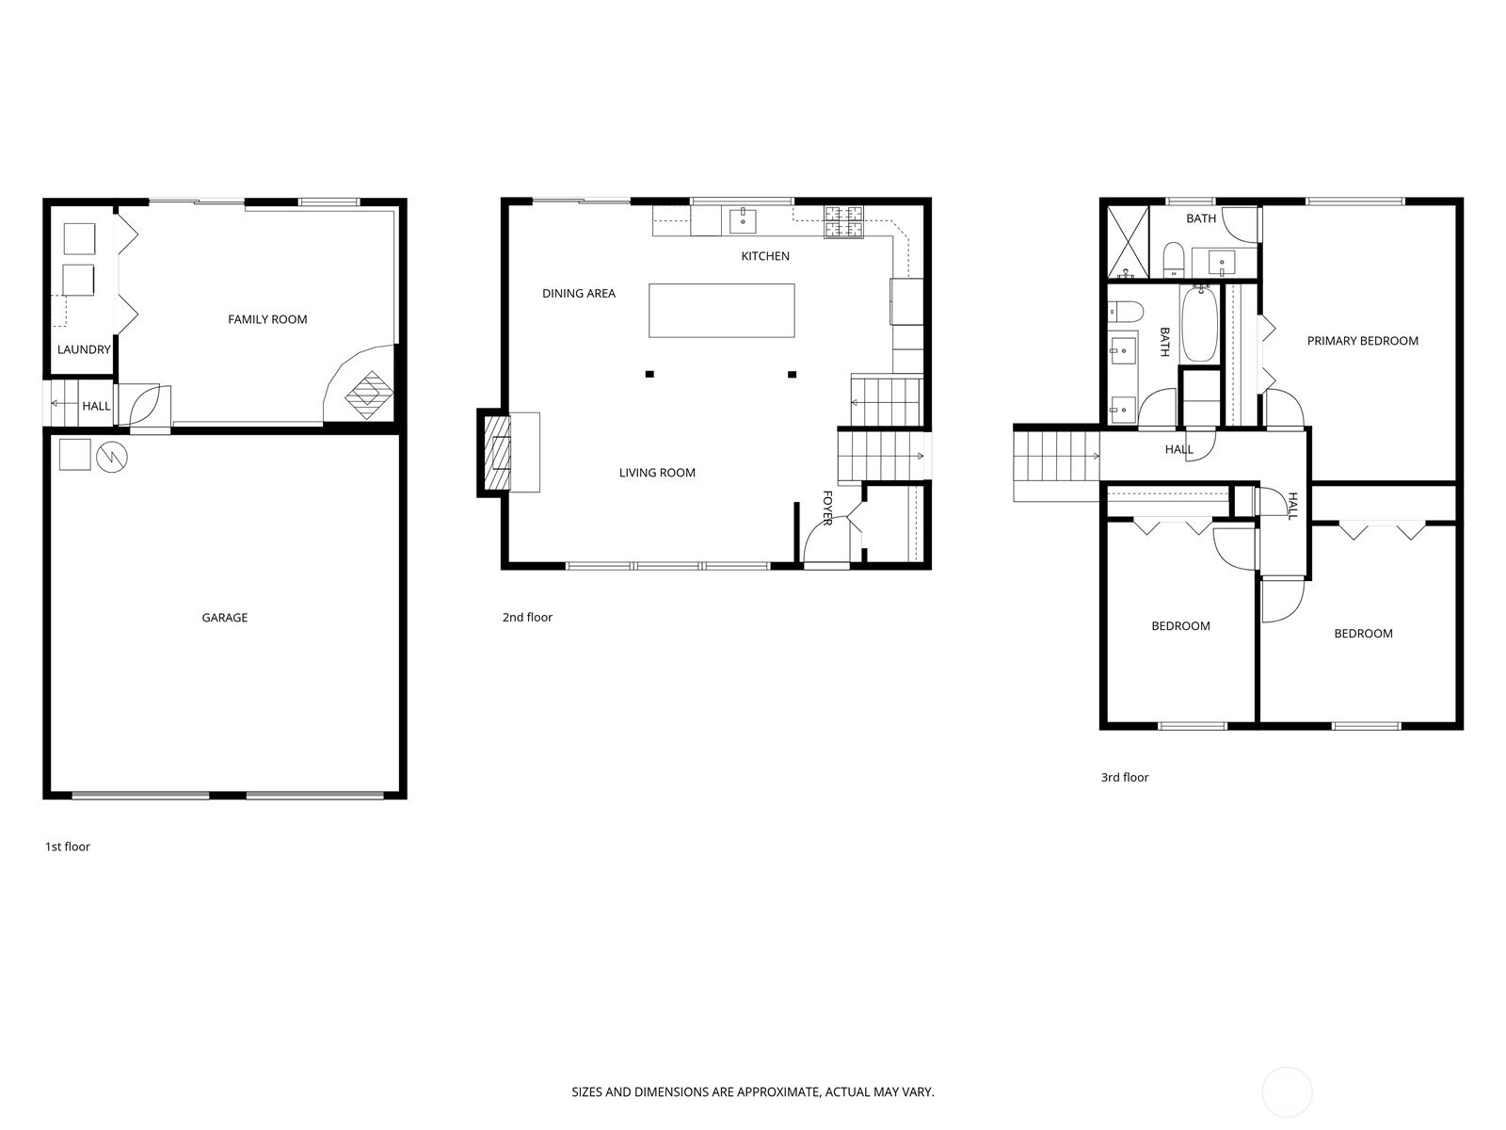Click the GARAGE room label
coord(224,618)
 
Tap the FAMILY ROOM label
coord(267,319)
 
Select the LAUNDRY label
coord(84,349)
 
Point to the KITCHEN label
coord(765,256)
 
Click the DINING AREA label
coord(578,293)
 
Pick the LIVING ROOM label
coord(657,472)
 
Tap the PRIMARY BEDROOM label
coord(1362,340)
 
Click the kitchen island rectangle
coord(722,311)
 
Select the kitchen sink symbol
coord(743,221)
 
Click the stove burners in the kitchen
coord(843,221)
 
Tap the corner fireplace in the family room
coord(369,395)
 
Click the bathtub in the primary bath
coord(1199,324)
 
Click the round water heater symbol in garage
coord(112,457)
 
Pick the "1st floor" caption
coord(67,847)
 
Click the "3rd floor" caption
coord(1125,778)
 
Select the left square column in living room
coord(649,374)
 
